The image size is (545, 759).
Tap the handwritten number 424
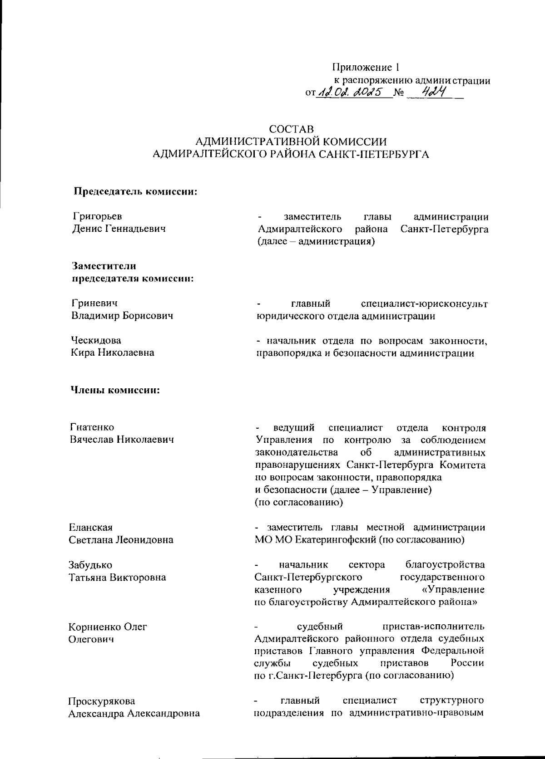point(432,92)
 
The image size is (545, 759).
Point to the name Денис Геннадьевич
point(119,229)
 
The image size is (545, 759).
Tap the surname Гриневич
point(94,304)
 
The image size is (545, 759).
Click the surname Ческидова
point(96,340)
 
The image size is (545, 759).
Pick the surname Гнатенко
point(92,427)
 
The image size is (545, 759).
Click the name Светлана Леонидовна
point(121,540)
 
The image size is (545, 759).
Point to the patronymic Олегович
point(91,639)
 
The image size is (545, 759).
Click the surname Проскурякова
point(102,701)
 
